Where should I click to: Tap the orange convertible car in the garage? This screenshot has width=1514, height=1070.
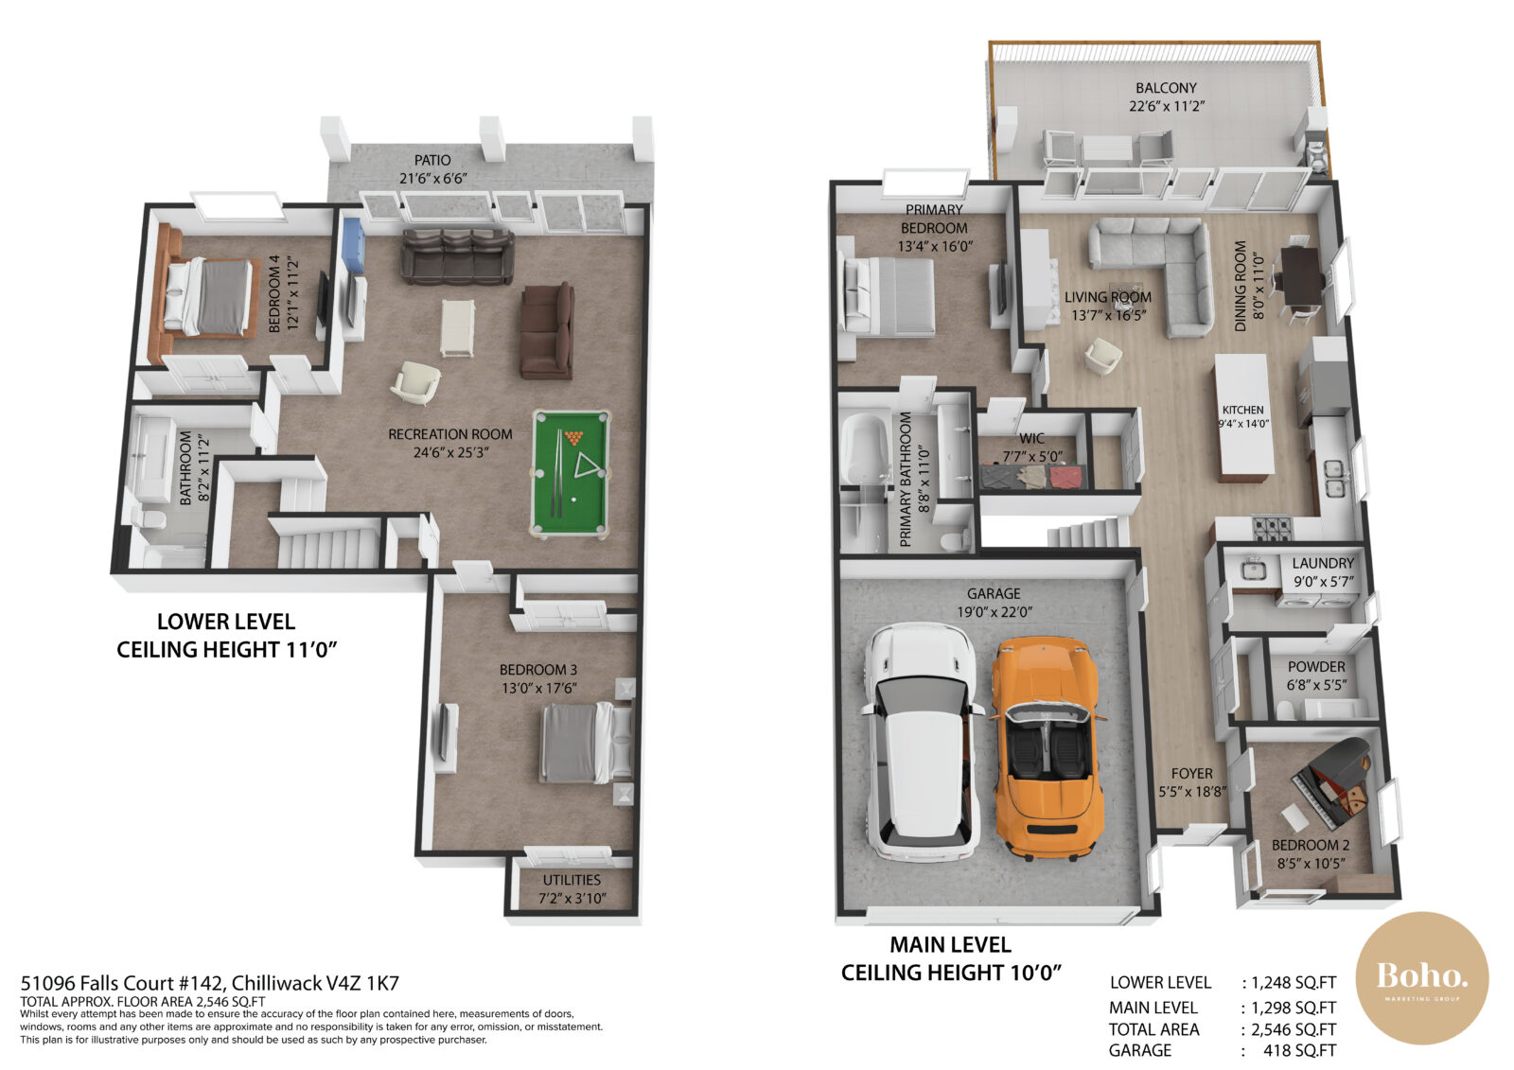1047,747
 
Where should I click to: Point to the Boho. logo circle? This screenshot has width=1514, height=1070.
1422,978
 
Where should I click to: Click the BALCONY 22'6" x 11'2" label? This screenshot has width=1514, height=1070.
1166,96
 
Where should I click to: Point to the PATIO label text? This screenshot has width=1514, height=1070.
432,161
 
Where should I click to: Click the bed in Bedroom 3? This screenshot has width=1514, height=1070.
584,743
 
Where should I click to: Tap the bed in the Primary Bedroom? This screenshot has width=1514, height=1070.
888,295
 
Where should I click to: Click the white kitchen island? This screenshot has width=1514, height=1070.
1242,416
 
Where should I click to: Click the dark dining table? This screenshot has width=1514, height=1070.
1301,274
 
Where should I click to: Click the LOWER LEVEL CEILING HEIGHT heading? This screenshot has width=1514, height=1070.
226,636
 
